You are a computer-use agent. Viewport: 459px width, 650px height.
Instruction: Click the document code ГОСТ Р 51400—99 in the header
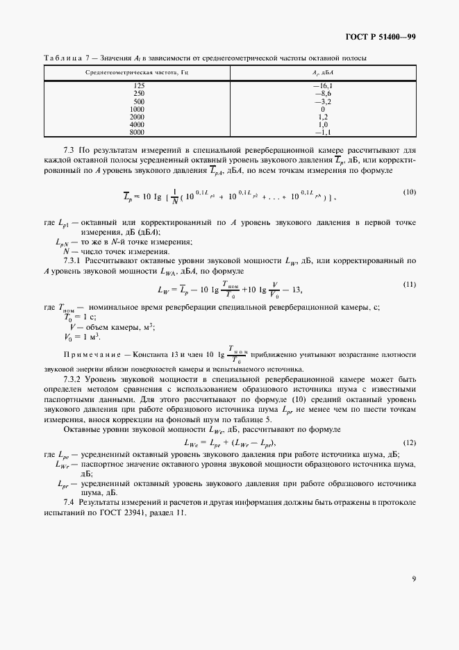(381, 37)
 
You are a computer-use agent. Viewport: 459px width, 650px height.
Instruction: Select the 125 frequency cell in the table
(138, 85)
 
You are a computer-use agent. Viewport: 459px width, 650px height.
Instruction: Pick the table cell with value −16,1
(323, 85)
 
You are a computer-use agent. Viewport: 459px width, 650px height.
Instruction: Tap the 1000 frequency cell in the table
(138, 109)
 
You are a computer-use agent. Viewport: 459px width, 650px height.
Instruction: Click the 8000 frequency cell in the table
(138, 132)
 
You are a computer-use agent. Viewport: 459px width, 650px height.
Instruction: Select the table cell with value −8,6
(323, 93)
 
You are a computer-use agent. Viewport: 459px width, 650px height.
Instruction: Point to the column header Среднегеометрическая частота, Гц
(136, 72)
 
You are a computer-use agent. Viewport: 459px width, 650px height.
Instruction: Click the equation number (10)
(410, 192)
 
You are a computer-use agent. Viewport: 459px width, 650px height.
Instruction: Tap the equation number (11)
(410, 285)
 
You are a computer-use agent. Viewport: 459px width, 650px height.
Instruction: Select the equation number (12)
(410, 442)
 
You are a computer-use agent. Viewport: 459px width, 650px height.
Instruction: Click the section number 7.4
(69, 501)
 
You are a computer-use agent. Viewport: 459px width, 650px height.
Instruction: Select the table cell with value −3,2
(323, 101)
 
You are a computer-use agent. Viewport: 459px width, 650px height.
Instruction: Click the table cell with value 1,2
(323, 117)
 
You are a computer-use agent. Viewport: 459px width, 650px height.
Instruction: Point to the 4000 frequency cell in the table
(138, 124)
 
